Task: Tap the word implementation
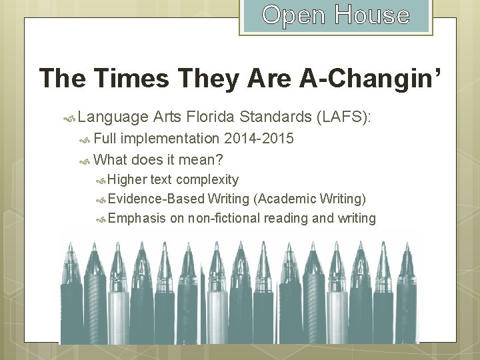coord(173,139)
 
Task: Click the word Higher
coord(127,179)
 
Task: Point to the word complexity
coord(207,179)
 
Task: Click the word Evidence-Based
coord(155,199)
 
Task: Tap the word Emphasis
coord(137,218)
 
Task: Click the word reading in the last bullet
coord(287,218)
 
